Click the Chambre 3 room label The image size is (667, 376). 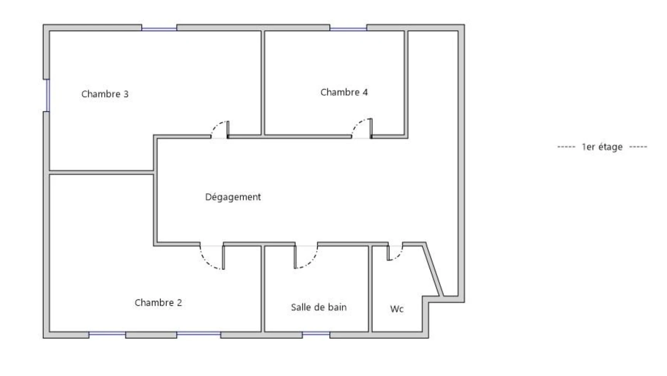(105, 94)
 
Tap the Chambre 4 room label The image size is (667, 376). (344, 92)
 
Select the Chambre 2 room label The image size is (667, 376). (158, 302)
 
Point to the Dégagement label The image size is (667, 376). (233, 197)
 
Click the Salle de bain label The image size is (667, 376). (318, 307)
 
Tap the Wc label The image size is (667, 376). (397, 309)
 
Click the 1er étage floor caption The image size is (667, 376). (602, 147)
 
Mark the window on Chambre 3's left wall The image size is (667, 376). (46, 95)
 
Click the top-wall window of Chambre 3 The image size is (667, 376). (159, 28)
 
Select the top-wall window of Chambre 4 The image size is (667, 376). (348, 28)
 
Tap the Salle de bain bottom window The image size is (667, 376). (316, 334)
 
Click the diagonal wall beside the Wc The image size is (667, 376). (434, 269)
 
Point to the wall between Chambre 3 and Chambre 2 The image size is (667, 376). (101, 172)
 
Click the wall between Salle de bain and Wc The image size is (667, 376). (370, 289)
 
